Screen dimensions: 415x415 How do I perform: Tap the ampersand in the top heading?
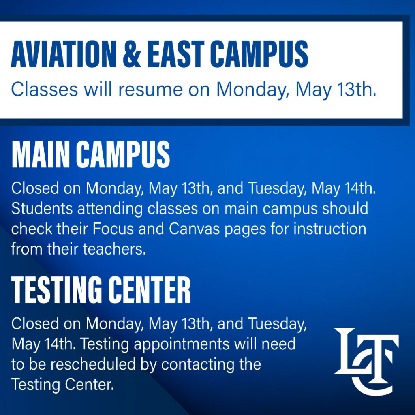[x=132, y=54]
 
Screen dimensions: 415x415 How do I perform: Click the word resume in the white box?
[x=150, y=90]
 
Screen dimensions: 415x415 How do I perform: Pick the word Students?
[x=42, y=208]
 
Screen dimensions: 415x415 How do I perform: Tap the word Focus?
[x=113, y=229]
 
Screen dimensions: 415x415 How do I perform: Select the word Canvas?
[x=194, y=229]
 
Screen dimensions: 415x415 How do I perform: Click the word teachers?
[x=114, y=249]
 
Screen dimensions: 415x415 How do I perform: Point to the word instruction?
[x=330, y=229]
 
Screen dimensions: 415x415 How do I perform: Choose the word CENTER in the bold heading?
[x=150, y=289]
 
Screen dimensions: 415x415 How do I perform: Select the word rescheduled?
[x=93, y=364]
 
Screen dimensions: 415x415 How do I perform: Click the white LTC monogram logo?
[x=366, y=361]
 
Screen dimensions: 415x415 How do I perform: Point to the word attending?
[x=110, y=209]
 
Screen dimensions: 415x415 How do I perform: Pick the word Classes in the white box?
[x=45, y=90]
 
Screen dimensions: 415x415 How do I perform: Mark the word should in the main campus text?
[x=345, y=208]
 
